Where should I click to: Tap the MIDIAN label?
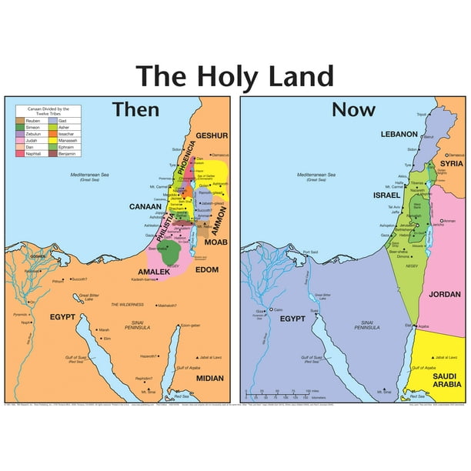[209, 378]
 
